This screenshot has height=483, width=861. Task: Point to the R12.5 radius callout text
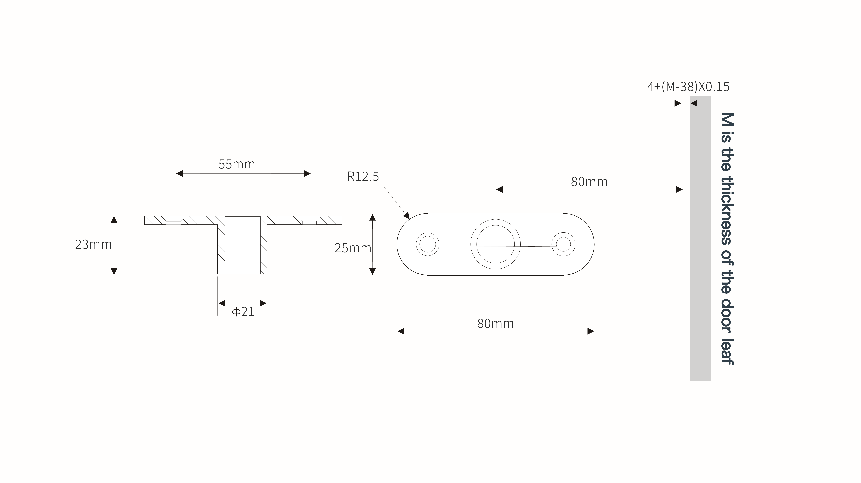363,176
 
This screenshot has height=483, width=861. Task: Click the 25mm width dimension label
353,248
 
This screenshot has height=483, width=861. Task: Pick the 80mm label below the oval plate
495,324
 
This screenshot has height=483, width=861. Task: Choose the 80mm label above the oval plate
589,182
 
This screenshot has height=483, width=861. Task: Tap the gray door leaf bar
701,239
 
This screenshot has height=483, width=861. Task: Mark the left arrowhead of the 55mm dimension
179,173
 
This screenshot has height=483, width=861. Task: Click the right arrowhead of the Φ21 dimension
263,303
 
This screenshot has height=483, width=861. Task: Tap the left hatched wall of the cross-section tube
221,249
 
